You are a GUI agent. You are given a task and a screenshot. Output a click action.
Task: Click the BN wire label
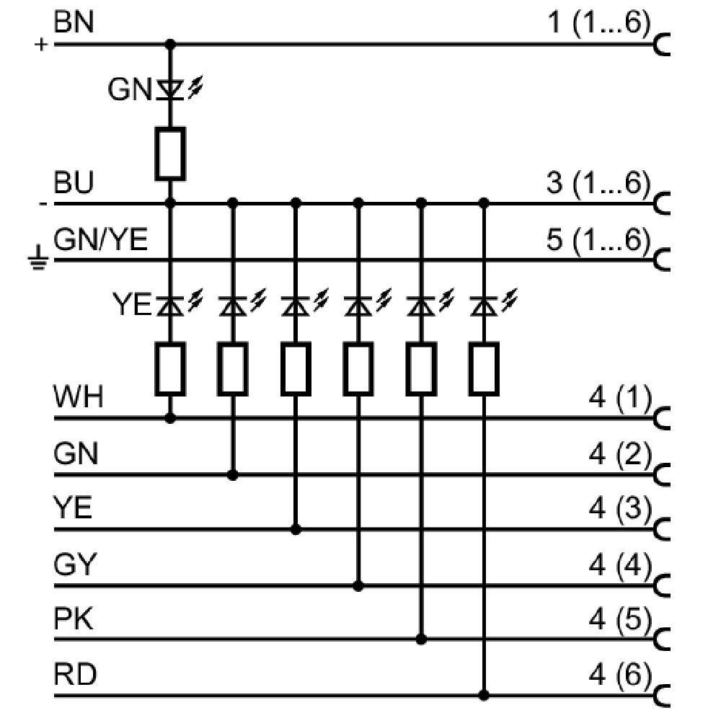[x=74, y=22]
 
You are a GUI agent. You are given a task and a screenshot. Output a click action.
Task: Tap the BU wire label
[x=74, y=182]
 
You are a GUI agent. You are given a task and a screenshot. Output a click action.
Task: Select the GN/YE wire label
[x=100, y=239]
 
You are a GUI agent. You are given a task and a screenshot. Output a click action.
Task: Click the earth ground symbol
[x=39, y=258]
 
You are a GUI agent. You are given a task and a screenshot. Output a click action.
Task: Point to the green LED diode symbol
[x=170, y=89]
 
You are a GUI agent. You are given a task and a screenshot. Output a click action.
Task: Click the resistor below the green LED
[x=170, y=154]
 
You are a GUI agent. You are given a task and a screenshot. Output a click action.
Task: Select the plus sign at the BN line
[x=41, y=45]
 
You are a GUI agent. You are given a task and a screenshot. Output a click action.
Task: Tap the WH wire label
[x=78, y=396]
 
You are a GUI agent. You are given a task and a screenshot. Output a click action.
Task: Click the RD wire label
[x=75, y=674]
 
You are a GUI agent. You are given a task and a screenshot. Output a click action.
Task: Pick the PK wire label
[x=74, y=619]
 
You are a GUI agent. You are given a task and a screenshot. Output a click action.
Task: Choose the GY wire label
[x=75, y=564]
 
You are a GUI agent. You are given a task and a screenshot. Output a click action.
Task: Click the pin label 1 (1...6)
[x=599, y=22]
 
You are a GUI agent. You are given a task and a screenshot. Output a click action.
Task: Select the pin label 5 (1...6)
[x=598, y=240]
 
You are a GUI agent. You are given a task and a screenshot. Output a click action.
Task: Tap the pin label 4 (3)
[x=620, y=509]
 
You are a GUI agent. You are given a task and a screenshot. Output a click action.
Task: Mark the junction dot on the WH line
[x=170, y=418]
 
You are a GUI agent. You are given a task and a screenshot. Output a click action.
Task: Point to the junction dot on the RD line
[x=484, y=696]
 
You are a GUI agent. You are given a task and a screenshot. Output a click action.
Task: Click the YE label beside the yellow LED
[x=132, y=304]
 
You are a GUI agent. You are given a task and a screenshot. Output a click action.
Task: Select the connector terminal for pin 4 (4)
[x=662, y=586]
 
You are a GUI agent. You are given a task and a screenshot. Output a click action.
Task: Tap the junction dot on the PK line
[x=421, y=639]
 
